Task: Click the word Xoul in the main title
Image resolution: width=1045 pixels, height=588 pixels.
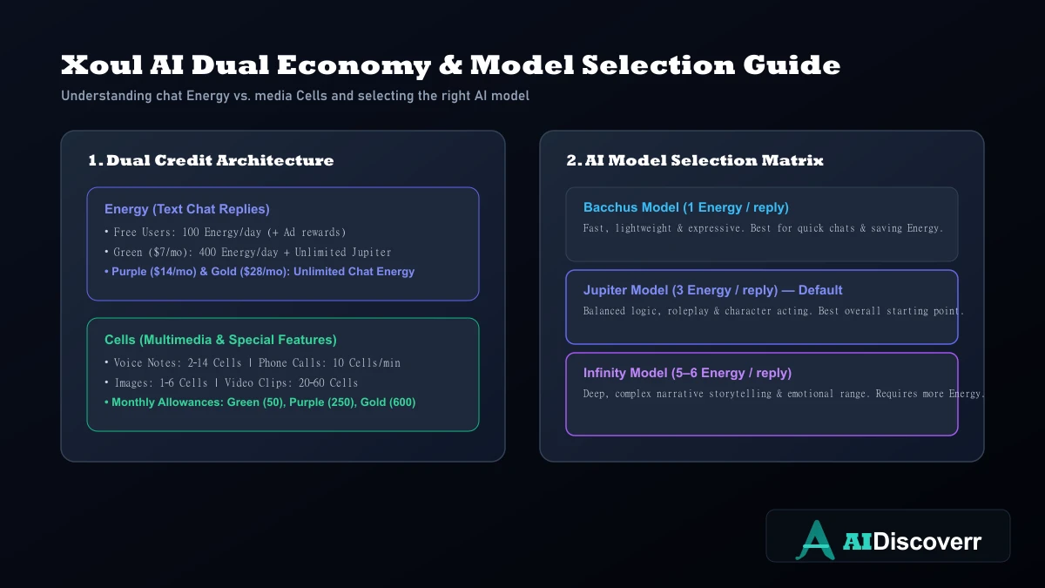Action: pos(102,64)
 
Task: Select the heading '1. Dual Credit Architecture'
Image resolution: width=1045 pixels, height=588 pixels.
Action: pos(211,160)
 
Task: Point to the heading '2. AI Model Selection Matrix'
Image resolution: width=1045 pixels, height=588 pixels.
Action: pos(695,160)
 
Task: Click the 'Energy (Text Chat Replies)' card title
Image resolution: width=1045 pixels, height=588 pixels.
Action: pos(187,209)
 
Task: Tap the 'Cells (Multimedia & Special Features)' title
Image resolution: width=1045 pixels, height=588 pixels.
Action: pos(220,340)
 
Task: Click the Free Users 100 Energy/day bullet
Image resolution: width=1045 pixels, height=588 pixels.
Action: pos(226,232)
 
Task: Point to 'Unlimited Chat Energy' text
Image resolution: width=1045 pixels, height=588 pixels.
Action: pos(354,272)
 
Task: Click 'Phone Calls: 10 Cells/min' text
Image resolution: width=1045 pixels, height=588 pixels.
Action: pos(329,362)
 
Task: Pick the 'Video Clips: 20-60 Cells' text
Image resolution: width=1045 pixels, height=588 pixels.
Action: pos(291,382)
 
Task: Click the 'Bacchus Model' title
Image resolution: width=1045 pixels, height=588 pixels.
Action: pos(631,207)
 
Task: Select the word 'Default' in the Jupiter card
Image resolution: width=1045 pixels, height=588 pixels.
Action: pos(820,290)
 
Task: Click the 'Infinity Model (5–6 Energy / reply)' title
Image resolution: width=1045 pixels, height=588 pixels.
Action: pos(688,373)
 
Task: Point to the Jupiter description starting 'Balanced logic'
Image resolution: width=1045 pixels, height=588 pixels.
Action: pos(773,311)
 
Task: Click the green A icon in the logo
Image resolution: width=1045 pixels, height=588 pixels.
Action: pos(815,540)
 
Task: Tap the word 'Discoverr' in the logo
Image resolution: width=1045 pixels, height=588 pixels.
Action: pos(927,542)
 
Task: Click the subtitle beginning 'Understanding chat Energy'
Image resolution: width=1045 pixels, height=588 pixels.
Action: pos(295,96)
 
